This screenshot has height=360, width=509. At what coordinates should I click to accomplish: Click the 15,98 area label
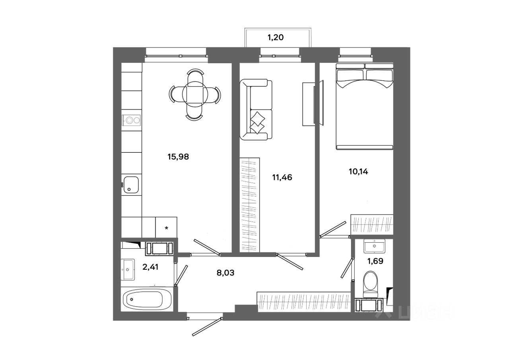tap(178, 157)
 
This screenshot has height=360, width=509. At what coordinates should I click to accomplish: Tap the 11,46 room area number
tap(282, 177)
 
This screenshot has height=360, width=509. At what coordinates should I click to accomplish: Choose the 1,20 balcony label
tap(276, 38)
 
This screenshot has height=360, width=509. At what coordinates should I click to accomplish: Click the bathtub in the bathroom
tap(147, 299)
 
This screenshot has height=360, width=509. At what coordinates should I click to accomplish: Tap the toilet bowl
tap(371, 283)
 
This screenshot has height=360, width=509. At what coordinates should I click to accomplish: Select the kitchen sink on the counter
tap(131, 185)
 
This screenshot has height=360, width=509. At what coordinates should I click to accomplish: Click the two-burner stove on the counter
tap(131, 119)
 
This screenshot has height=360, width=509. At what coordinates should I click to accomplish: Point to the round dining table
tap(195, 94)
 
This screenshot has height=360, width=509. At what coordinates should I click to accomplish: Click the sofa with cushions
tap(256, 110)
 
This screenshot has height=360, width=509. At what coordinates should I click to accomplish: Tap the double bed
tap(365, 107)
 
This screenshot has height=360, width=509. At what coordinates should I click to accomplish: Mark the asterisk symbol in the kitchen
tap(167, 228)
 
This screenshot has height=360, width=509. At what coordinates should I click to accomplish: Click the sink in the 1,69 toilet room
tap(374, 246)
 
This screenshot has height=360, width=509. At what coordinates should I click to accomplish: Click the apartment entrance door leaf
tap(206, 327)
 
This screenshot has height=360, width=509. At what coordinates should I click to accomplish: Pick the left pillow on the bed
tap(350, 75)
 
